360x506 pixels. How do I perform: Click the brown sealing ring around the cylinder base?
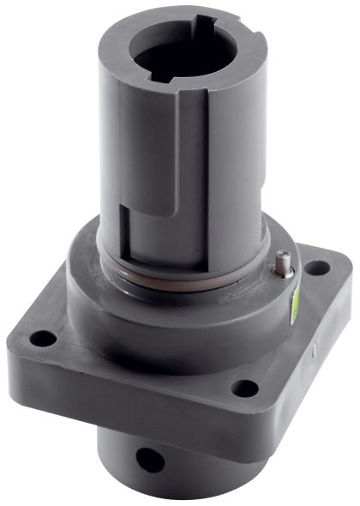tap(184, 275)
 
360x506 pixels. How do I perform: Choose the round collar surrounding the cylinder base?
tap(171, 317)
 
